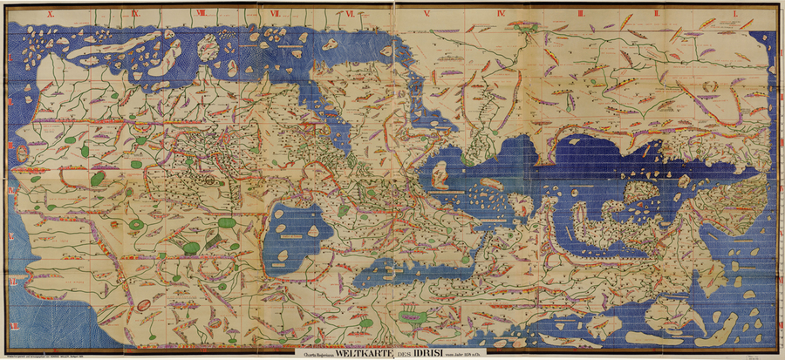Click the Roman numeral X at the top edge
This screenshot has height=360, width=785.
[51, 14]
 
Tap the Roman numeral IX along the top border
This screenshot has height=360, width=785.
[135, 14]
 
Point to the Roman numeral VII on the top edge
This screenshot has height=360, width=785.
[275, 14]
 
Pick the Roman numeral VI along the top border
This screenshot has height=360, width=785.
[350, 14]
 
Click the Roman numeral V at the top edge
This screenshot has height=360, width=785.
[427, 14]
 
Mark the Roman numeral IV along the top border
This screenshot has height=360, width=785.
[502, 14]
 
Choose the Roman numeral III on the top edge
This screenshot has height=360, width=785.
[579, 14]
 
